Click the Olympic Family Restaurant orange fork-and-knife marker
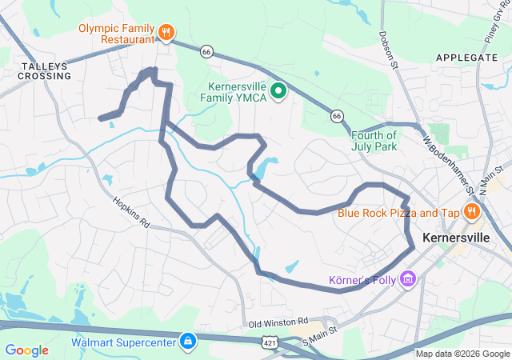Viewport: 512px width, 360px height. tap(166, 32)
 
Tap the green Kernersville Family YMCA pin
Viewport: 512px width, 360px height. tap(278, 91)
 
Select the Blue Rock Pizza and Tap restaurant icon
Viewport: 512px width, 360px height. tap(472, 212)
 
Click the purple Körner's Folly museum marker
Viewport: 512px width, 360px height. tap(409, 279)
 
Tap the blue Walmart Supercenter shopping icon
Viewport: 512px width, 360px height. tap(187, 342)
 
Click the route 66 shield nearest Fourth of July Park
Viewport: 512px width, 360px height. tap(338, 117)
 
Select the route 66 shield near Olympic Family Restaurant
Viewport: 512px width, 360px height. tap(206, 50)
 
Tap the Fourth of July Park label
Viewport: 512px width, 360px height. tap(374, 141)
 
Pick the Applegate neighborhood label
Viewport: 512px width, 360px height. tap(466, 58)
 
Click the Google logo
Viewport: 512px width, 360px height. tap(27, 350)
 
